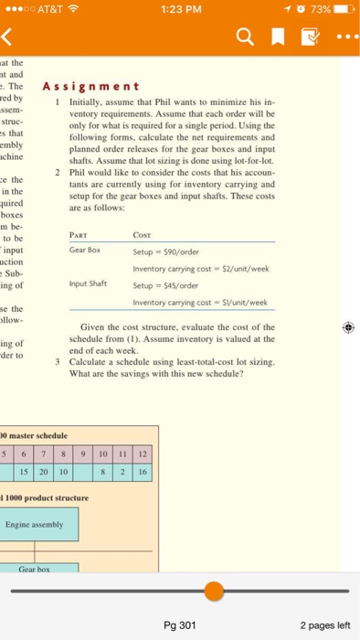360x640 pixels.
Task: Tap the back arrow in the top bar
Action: tap(13, 38)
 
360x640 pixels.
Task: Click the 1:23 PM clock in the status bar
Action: tap(180, 9)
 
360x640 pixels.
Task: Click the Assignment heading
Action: tap(89, 88)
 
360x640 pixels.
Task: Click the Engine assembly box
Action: tap(33, 524)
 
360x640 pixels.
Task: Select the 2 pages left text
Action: tap(324, 625)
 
